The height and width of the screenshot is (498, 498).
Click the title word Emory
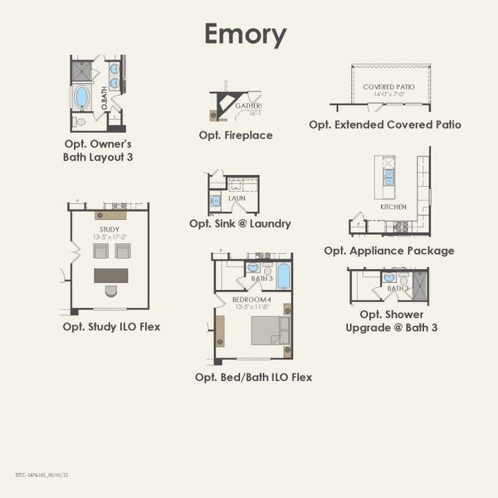246,35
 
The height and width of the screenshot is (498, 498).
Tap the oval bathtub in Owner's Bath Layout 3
81,97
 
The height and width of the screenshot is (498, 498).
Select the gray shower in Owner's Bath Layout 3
81,71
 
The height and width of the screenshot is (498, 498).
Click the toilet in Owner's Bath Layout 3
80,121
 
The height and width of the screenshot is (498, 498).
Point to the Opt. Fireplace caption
236,134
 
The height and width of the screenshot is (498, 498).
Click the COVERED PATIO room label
388,86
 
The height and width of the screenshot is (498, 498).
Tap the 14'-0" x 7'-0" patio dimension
388,95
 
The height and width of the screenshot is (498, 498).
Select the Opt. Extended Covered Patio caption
385,124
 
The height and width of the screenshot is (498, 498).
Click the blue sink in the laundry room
215,200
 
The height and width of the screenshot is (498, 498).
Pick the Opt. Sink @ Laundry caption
240,223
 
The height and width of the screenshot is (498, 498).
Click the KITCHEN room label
393,206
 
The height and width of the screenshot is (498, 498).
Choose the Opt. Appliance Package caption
389,251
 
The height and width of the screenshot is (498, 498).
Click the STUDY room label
109,229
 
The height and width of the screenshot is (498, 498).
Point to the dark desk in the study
110,275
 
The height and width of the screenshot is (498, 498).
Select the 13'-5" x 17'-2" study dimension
109,237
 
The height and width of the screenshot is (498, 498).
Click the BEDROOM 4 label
251,299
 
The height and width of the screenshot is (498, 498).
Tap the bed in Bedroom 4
270,330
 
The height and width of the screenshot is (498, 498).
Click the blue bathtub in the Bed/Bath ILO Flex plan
283,275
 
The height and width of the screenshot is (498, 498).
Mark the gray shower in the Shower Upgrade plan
419,284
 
